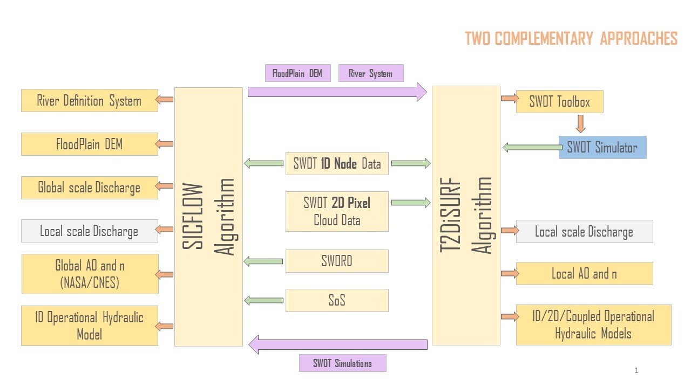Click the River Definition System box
pyautogui.click(x=90, y=101)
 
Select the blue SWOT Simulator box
pyautogui.click(x=602, y=147)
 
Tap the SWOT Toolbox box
pyautogui.click(x=559, y=102)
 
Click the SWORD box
pyautogui.click(x=337, y=261)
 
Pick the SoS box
pyautogui.click(x=337, y=300)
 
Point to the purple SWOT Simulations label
pyautogui.click(x=343, y=363)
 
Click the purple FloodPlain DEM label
pyautogui.click(x=297, y=73)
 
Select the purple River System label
pyautogui.click(x=371, y=73)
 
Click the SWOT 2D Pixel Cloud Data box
pyautogui.click(x=337, y=211)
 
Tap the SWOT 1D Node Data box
pyautogui.click(x=337, y=164)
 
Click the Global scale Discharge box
pyautogui.click(x=90, y=188)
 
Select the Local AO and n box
pyautogui.click(x=584, y=273)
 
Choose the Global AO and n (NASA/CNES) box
pyautogui.click(x=90, y=274)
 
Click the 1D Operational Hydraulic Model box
pyautogui.click(x=90, y=325)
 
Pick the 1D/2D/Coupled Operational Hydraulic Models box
pyautogui.click(x=593, y=324)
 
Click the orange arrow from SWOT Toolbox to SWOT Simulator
pyautogui.click(x=580, y=123)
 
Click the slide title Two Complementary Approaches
pyautogui.click(x=571, y=39)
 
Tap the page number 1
pyautogui.click(x=636, y=370)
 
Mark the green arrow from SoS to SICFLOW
pyautogui.click(x=263, y=300)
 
